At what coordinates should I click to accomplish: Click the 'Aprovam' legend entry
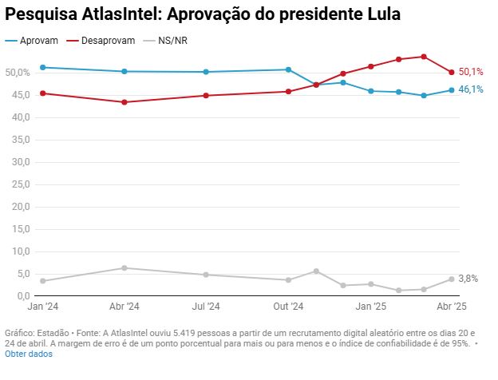pyautogui.click(x=39, y=40)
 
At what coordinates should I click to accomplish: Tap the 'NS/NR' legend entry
pyautogui.click(x=173, y=40)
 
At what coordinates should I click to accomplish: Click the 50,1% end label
pyautogui.click(x=471, y=73)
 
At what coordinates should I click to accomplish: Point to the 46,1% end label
pyautogui.click(x=471, y=89)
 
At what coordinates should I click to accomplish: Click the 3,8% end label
pyautogui.click(x=468, y=279)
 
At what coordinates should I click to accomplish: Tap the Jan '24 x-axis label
pyautogui.click(x=42, y=307)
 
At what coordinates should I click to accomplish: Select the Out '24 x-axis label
pyautogui.click(x=288, y=307)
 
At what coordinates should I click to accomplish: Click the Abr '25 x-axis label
pyautogui.click(x=450, y=307)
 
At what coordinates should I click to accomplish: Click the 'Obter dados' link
pyautogui.click(x=28, y=354)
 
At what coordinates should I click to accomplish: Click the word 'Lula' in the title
pyautogui.click(x=380, y=15)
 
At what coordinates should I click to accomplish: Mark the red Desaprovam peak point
pyautogui.click(x=424, y=57)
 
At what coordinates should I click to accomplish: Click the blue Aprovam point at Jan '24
pyautogui.click(x=42, y=68)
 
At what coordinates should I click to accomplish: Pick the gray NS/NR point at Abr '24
pyautogui.click(x=125, y=268)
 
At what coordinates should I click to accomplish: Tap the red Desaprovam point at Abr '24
pyautogui.click(x=125, y=102)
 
